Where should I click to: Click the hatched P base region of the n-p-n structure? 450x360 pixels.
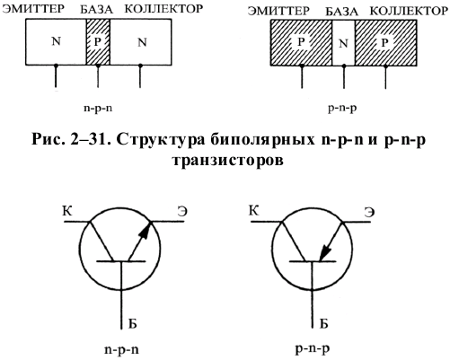98,42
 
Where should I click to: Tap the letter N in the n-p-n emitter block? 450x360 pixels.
57,41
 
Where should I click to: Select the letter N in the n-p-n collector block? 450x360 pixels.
142,42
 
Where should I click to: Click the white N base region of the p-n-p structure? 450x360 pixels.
343,42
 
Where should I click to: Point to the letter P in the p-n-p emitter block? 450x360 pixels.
301,42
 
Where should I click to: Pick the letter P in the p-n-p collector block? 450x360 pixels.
384,43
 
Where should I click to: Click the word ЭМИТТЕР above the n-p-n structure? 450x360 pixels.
33,9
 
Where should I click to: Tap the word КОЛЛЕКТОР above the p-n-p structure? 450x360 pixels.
409,11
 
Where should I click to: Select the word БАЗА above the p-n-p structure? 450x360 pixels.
341,12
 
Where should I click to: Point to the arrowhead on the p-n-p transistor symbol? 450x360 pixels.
324,253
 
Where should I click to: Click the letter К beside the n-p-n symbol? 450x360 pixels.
67,211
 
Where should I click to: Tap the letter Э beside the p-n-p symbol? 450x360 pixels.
369,212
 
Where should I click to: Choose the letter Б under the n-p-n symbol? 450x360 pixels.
132,323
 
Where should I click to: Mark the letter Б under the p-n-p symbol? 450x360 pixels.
323,323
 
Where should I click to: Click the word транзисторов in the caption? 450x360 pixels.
227,160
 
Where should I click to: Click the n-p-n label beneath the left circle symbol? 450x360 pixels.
121,349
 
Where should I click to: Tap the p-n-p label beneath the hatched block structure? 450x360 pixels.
342,108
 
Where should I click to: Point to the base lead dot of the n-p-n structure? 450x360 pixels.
98,66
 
